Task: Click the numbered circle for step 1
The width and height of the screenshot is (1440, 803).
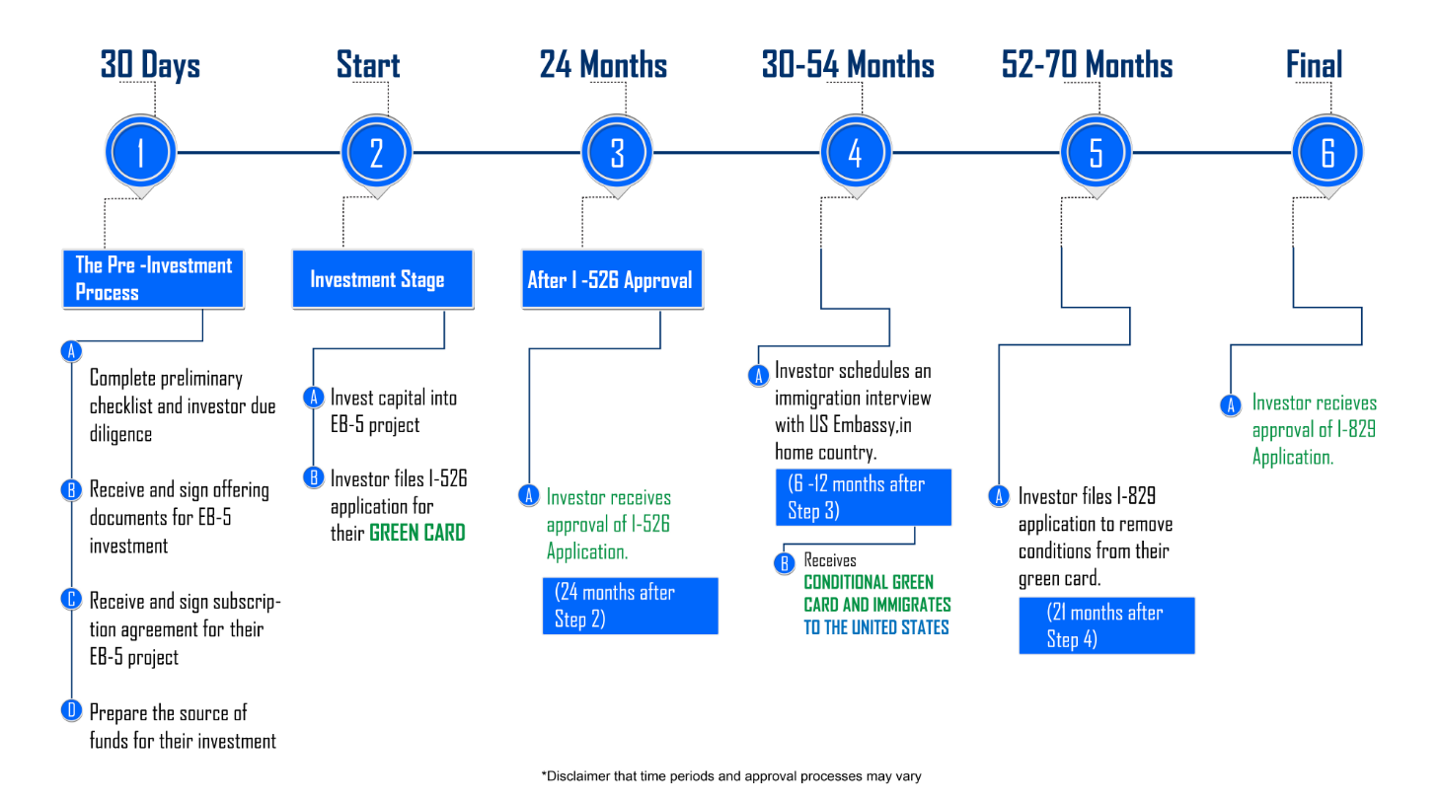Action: click(140, 152)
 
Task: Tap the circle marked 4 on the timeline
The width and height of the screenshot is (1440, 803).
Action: click(855, 152)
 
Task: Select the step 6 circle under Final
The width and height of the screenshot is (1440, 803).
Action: click(1327, 152)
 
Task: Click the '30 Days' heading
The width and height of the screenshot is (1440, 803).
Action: click(150, 65)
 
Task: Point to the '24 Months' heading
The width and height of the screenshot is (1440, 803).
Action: click(603, 65)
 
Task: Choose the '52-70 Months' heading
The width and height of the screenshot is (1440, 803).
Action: click(1087, 65)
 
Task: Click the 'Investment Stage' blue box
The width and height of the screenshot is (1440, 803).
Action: click(383, 279)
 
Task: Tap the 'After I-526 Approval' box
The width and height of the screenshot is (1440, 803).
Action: click(612, 279)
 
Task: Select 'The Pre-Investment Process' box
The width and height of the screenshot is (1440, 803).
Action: click(153, 279)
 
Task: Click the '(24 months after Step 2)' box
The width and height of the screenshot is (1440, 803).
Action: click(630, 606)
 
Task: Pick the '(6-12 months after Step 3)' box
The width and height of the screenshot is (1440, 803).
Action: click(864, 497)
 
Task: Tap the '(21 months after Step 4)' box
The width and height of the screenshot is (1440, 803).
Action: click(1106, 625)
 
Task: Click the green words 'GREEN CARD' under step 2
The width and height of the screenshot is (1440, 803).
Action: click(417, 533)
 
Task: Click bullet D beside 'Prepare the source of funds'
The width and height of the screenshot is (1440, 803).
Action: click(71, 710)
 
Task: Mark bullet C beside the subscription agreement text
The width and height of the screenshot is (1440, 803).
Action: click(71, 599)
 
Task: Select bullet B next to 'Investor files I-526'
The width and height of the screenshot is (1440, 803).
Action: click(314, 477)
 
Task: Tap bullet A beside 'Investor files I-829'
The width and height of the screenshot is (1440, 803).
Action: click(999, 496)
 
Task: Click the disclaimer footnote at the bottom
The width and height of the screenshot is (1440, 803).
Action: click(731, 776)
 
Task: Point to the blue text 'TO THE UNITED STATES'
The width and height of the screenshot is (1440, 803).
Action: click(876, 627)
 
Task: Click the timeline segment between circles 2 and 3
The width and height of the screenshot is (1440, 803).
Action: click(496, 152)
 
